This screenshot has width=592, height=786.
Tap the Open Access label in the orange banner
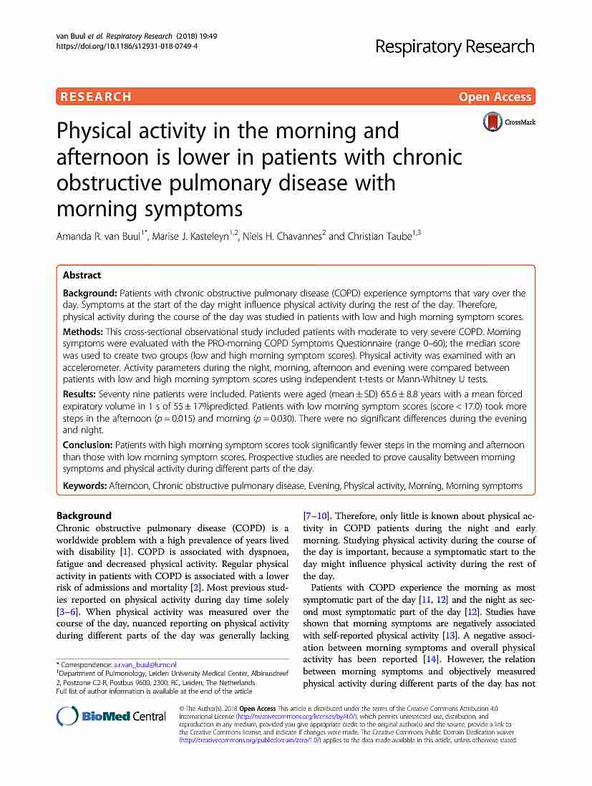(495, 97)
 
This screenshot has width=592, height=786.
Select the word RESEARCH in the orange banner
(96, 97)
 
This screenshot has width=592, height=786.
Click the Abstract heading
(82, 275)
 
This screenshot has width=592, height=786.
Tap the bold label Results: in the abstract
(79, 395)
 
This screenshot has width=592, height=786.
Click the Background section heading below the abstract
(84, 515)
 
